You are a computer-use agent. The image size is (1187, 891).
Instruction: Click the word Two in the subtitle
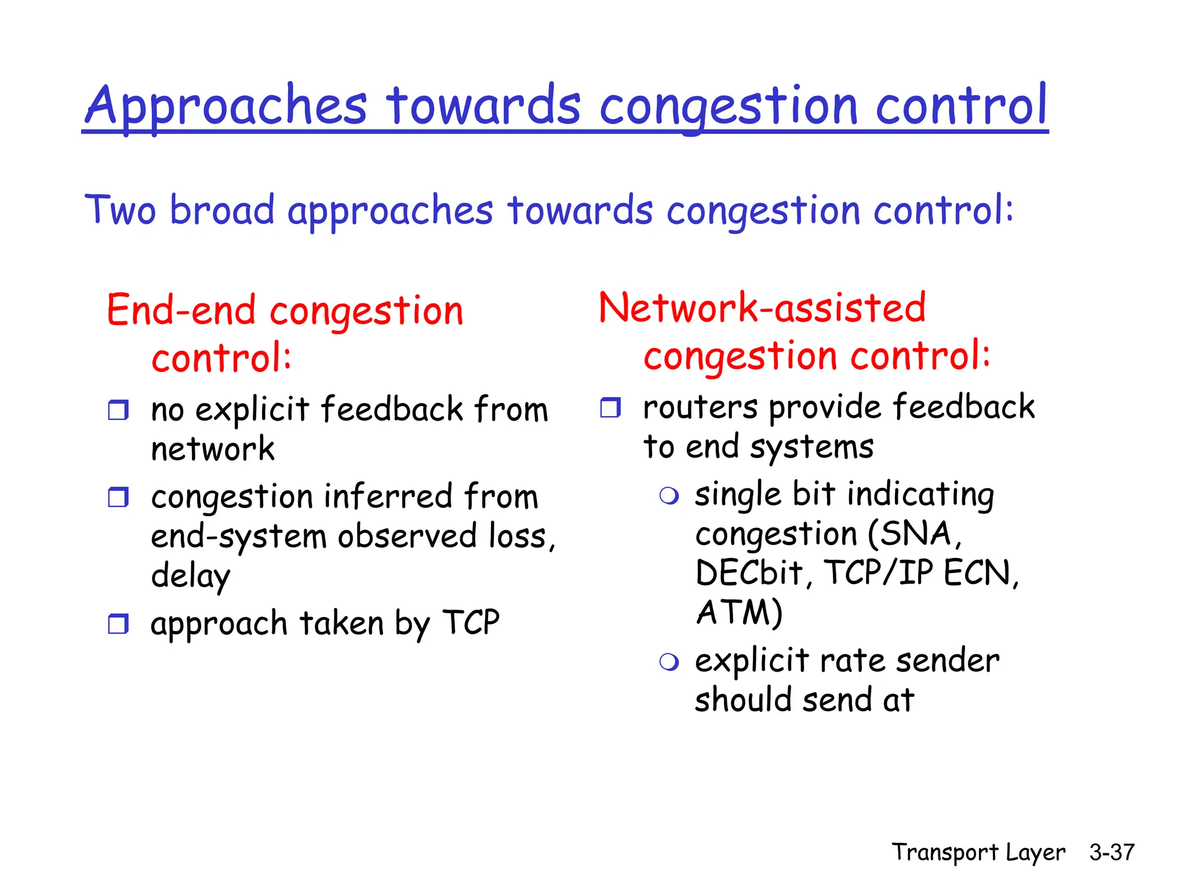pyautogui.click(x=120, y=210)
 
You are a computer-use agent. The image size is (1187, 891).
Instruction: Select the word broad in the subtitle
pyautogui.click(x=222, y=210)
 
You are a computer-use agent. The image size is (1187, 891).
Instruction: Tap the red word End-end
pyautogui.click(x=181, y=310)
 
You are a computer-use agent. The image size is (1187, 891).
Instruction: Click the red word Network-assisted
pyautogui.click(x=762, y=307)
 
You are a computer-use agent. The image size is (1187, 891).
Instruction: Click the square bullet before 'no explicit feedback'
pyautogui.click(x=118, y=410)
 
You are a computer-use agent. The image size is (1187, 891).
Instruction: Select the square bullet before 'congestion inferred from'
pyautogui.click(x=118, y=497)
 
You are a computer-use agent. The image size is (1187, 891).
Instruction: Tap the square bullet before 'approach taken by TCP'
pyautogui.click(x=118, y=624)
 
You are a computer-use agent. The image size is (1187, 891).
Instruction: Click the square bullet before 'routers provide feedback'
pyautogui.click(x=610, y=407)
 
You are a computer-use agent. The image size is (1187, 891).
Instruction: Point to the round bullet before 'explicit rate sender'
pyautogui.click(x=669, y=662)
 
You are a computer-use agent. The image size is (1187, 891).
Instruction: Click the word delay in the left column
pyautogui.click(x=191, y=576)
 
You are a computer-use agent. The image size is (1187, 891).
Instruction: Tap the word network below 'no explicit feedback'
pyautogui.click(x=213, y=450)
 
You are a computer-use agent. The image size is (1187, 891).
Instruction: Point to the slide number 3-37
pyautogui.click(x=1111, y=852)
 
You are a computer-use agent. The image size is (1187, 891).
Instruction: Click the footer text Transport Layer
pyautogui.click(x=978, y=853)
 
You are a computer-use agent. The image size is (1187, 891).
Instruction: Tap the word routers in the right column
pyautogui.click(x=700, y=407)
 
